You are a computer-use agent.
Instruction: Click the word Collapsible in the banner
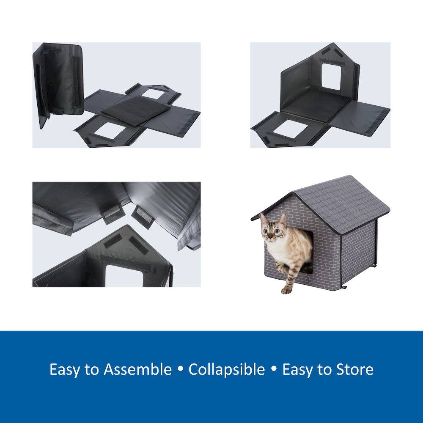(x=226, y=369)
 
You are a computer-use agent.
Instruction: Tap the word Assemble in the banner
(x=137, y=369)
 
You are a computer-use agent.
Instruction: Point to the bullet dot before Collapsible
(x=180, y=369)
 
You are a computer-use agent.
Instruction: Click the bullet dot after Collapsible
(x=274, y=369)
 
